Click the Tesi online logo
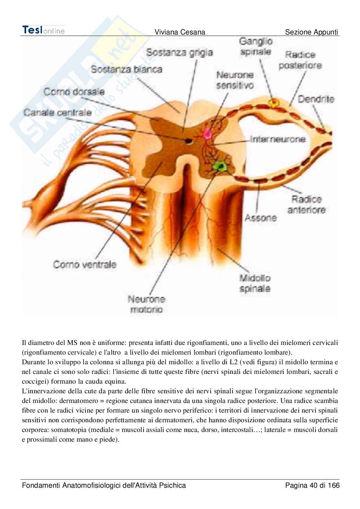pos(44,30)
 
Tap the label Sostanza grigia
pos(179,52)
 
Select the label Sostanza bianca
pos(126,69)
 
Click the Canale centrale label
pos(57,113)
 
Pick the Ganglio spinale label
pos(256,46)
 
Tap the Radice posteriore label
pos(300,60)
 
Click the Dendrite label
pos(316,99)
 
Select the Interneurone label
pos(278,139)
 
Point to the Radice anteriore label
pos(306,204)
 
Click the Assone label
pos(261,218)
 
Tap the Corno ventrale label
pos(85,265)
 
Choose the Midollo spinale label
pos(255,283)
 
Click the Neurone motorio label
pos(146,304)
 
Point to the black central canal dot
pos(188,141)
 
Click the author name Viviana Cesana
pos(180,32)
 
